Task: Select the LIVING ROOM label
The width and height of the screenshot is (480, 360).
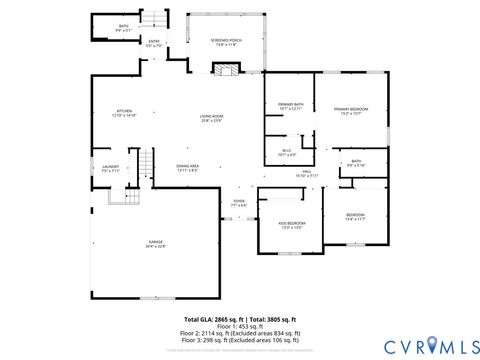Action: pyautogui.click(x=210, y=118)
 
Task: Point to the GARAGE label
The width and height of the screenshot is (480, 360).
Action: pyautogui.click(x=157, y=244)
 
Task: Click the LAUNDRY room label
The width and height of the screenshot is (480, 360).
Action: pyautogui.click(x=110, y=168)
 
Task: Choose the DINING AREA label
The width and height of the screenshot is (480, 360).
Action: pyautogui.click(x=187, y=167)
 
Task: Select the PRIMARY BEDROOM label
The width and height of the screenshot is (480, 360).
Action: pyautogui.click(x=351, y=110)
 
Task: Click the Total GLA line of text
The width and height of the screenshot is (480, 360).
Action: pyautogui.click(x=240, y=317)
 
